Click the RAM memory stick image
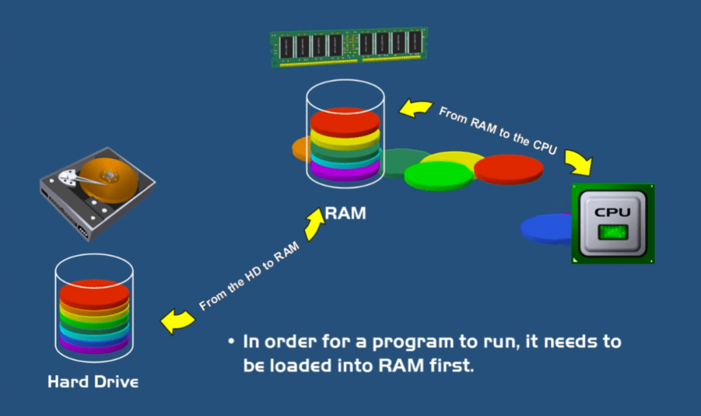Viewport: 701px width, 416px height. click(349, 47)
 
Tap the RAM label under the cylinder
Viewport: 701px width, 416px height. click(345, 212)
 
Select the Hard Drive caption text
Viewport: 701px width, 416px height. click(93, 381)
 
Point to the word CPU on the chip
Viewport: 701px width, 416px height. click(613, 212)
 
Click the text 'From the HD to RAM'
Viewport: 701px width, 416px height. click(249, 275)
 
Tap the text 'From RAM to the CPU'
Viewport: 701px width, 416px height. click(498, 130)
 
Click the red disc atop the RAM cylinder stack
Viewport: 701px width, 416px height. click(345, 121)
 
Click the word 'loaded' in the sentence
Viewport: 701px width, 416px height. click(300, 365)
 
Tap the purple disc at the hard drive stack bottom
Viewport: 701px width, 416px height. click(94, 347)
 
